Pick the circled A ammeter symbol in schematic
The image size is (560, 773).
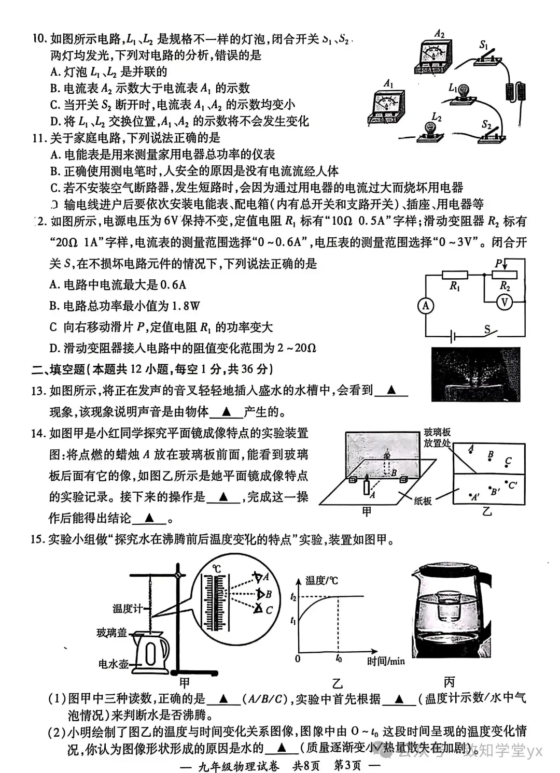[426, 306]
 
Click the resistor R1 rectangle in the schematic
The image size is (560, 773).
[455, 275]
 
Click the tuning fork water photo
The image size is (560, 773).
[475, 375]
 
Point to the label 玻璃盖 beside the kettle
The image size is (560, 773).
[111, 633]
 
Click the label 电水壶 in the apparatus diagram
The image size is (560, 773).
[113, 664]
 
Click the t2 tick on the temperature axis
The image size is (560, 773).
[294, 597]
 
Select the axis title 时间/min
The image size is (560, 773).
[386, 661]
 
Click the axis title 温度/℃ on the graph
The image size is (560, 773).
[321, 580]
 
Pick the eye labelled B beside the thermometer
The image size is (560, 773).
[259, 594]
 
